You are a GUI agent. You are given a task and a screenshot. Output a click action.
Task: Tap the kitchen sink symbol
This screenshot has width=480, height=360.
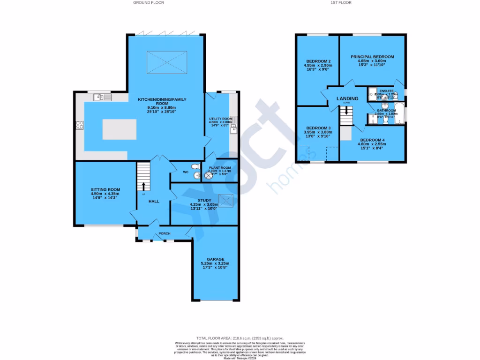[x=102, y=97]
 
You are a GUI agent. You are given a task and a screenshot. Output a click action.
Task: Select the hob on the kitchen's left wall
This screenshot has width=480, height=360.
[x=80, y=125]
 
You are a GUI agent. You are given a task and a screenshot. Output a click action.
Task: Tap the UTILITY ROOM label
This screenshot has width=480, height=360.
[x=220, y=119]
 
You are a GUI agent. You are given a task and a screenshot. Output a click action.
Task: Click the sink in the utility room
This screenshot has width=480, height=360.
[x=233, y=124]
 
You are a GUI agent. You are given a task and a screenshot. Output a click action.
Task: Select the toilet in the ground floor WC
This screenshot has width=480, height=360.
[x=195, y=167]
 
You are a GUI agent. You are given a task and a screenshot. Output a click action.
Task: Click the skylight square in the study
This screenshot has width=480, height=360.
[x=227, y=201]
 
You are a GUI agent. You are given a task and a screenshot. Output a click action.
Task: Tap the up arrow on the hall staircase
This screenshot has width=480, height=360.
[x=143, y=187]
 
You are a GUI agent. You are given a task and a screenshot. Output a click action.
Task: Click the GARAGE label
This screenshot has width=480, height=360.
[x=216, y=259]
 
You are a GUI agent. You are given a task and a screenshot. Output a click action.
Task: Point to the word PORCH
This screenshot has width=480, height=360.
[x=165, y=233]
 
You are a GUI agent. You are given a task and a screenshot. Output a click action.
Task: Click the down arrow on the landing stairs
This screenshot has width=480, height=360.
[x=346, y=111]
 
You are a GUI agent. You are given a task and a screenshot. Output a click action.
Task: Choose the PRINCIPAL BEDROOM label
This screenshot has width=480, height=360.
[x=372, y=57]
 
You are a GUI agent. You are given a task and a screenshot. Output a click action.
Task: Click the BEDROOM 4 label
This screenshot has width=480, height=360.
[x=372, y=140]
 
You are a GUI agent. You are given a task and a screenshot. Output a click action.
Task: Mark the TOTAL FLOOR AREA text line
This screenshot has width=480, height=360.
[x=240, y=338]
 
